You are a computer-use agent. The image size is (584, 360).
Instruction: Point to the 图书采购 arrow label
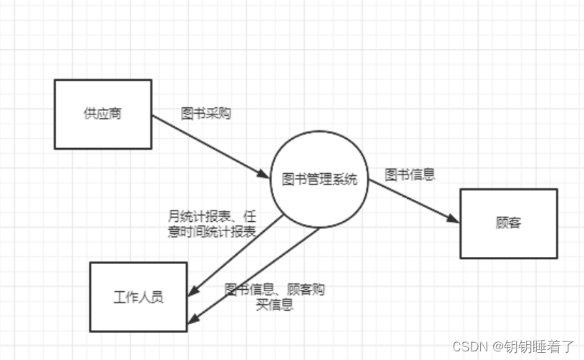tap(206, 113)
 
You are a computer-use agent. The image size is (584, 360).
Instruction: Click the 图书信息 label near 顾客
tap(410, 174)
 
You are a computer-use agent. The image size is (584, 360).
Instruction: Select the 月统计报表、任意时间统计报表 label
tap(212, 223)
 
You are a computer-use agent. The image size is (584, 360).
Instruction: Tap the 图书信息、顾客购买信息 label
tap(275, 297)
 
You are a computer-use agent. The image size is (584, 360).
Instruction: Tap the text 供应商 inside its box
tap(102, 113)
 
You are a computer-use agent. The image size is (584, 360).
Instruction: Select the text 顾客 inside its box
tap(508, 223)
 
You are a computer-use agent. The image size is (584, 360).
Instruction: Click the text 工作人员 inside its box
tap(138, 296)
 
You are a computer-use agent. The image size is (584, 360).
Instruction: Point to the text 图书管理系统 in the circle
tap(320, 179)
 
